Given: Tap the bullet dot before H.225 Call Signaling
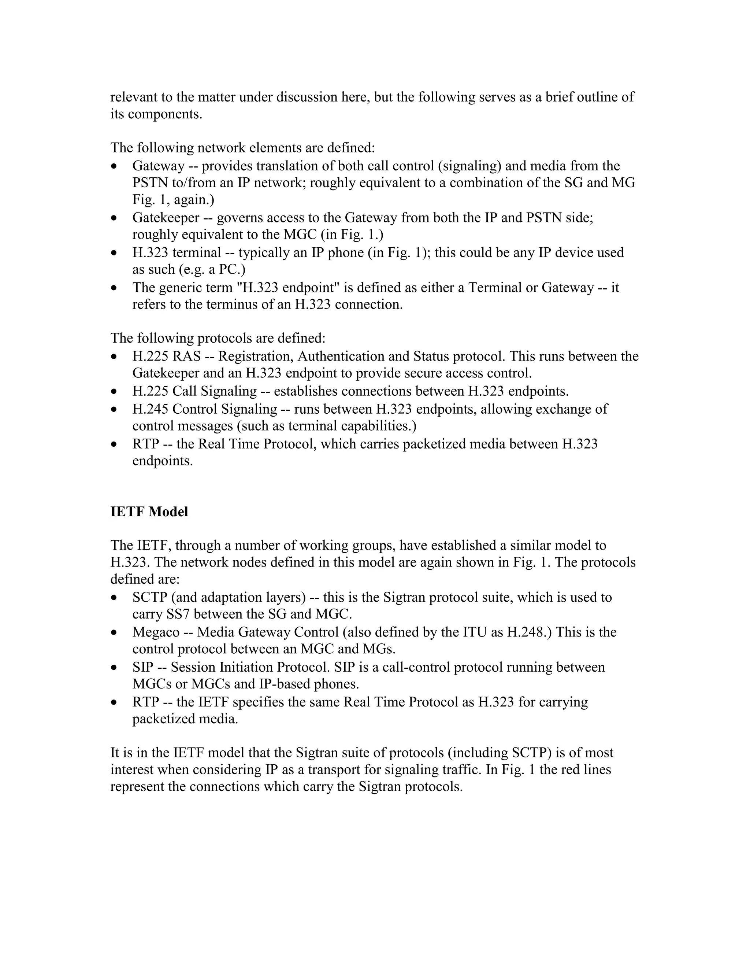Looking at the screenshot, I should [115, 392].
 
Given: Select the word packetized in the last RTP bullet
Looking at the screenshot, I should [158, 719].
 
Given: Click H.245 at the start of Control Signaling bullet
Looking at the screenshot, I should [150, 409].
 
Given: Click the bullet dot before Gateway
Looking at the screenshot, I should [115, 166].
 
